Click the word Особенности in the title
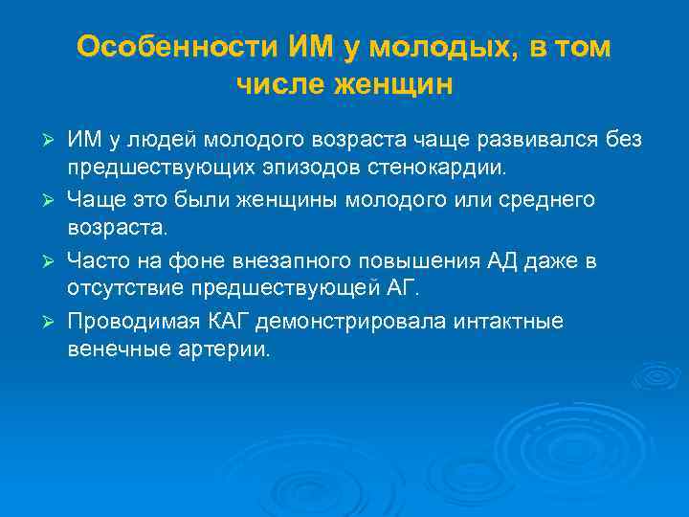pos(177,47)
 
